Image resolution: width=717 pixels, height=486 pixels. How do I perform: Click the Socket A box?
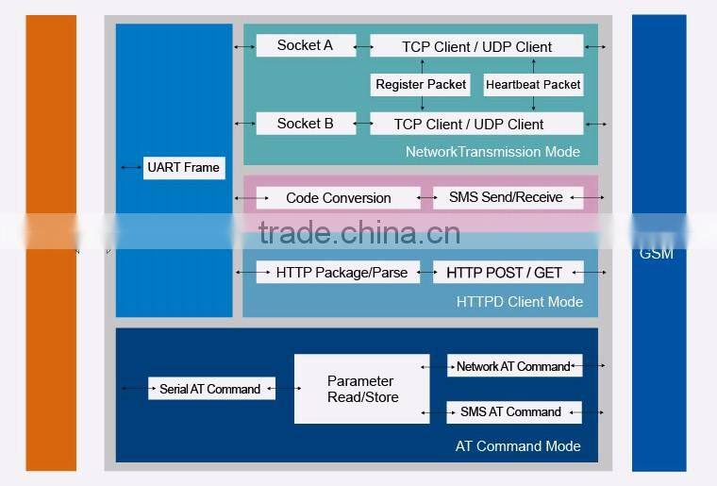[305, 45]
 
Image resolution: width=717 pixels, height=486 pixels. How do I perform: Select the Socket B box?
[305, 124]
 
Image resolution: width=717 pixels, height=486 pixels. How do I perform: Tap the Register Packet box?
[421, 85]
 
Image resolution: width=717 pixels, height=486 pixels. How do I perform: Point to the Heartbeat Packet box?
[533, 85]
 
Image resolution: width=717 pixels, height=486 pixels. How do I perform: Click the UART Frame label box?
[183, 168]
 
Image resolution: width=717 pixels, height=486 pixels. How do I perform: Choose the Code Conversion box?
[338, 198]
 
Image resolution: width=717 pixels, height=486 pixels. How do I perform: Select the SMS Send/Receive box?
[507, 198]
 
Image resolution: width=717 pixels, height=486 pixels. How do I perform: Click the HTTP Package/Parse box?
[342, 273]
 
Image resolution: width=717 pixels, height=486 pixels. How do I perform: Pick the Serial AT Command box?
[210, 389]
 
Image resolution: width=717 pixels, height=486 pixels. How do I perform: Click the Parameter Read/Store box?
[362, 389]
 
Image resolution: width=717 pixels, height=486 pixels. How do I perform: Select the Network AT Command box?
[514, 366]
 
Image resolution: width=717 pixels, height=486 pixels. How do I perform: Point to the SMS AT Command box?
[511, 412]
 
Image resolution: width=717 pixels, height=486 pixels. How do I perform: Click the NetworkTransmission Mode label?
[492, 152]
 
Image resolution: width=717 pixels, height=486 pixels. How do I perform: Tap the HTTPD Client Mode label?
[519, 302]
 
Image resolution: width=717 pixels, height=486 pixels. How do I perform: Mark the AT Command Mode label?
[518, 446]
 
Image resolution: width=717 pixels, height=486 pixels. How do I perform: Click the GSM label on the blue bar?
[657, 254]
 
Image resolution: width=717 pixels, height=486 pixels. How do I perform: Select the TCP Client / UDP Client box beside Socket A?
[476, 46]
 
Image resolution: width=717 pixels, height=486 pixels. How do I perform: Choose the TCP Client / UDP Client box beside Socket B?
[469, 125]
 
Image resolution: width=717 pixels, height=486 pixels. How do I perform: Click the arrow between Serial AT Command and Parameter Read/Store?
[285, 389]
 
